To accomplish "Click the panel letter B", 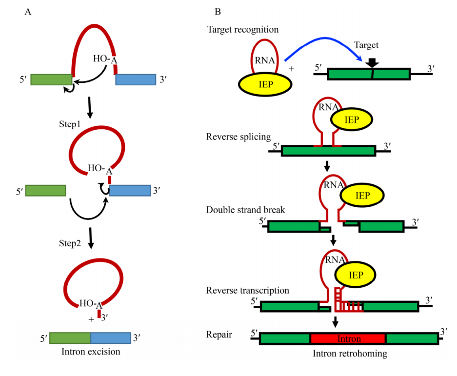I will tap(218, 11).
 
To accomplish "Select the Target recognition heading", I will tap(243, 30).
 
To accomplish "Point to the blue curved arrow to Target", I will tap(322, 46).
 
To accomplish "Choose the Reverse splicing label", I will tap(238, 137).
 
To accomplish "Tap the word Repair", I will tap(219, 335).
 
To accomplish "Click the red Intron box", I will tap(348, 339).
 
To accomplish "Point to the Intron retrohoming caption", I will tap(350, 354).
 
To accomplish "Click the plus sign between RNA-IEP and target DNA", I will tap(292, 69).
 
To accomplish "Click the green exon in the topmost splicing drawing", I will tap(52, 79).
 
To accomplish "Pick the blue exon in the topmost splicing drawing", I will tap(135, 79).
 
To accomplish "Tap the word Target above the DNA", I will tap(366, 45).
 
